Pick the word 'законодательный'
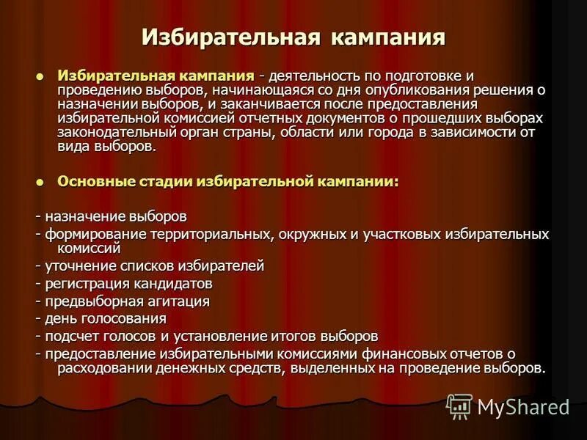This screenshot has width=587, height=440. click(110, 132)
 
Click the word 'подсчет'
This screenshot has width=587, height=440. click(68, 336)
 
